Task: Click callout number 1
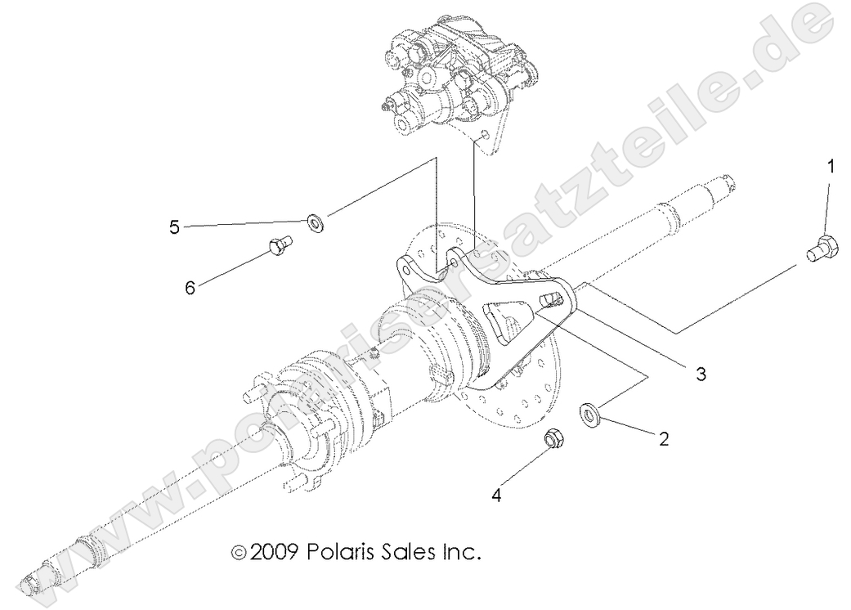tap(831, 168)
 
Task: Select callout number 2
tap(665, 438)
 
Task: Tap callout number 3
tap(700, 375)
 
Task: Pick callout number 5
tap(174, 227)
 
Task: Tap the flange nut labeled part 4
tap(553, 440)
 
